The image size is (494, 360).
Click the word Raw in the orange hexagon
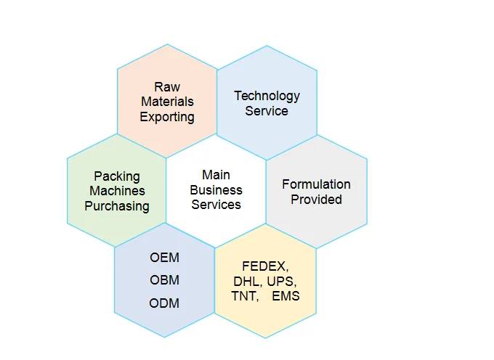point(167,87)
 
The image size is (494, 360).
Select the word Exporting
point(167,117)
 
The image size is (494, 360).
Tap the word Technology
point(267,96)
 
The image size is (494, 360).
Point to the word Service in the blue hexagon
point(267,111)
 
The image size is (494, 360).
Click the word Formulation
point(316,184)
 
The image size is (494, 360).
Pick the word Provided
point(316,200)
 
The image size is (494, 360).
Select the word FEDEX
point(265,266)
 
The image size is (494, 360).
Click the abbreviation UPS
point(281,281)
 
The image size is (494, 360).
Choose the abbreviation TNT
point(244,296)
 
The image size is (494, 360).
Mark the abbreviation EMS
point(286,296)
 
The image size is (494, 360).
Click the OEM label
point(164,258)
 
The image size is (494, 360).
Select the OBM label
point(164,280)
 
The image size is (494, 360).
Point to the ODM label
point(164,303)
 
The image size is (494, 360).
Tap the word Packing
point(117,176)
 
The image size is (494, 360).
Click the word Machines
point(117,191)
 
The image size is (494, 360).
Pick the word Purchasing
point(117,206)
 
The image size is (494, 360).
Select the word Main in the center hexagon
point(216,175)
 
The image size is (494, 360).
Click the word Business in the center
point(216,190)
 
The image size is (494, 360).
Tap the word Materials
point(167,102)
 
